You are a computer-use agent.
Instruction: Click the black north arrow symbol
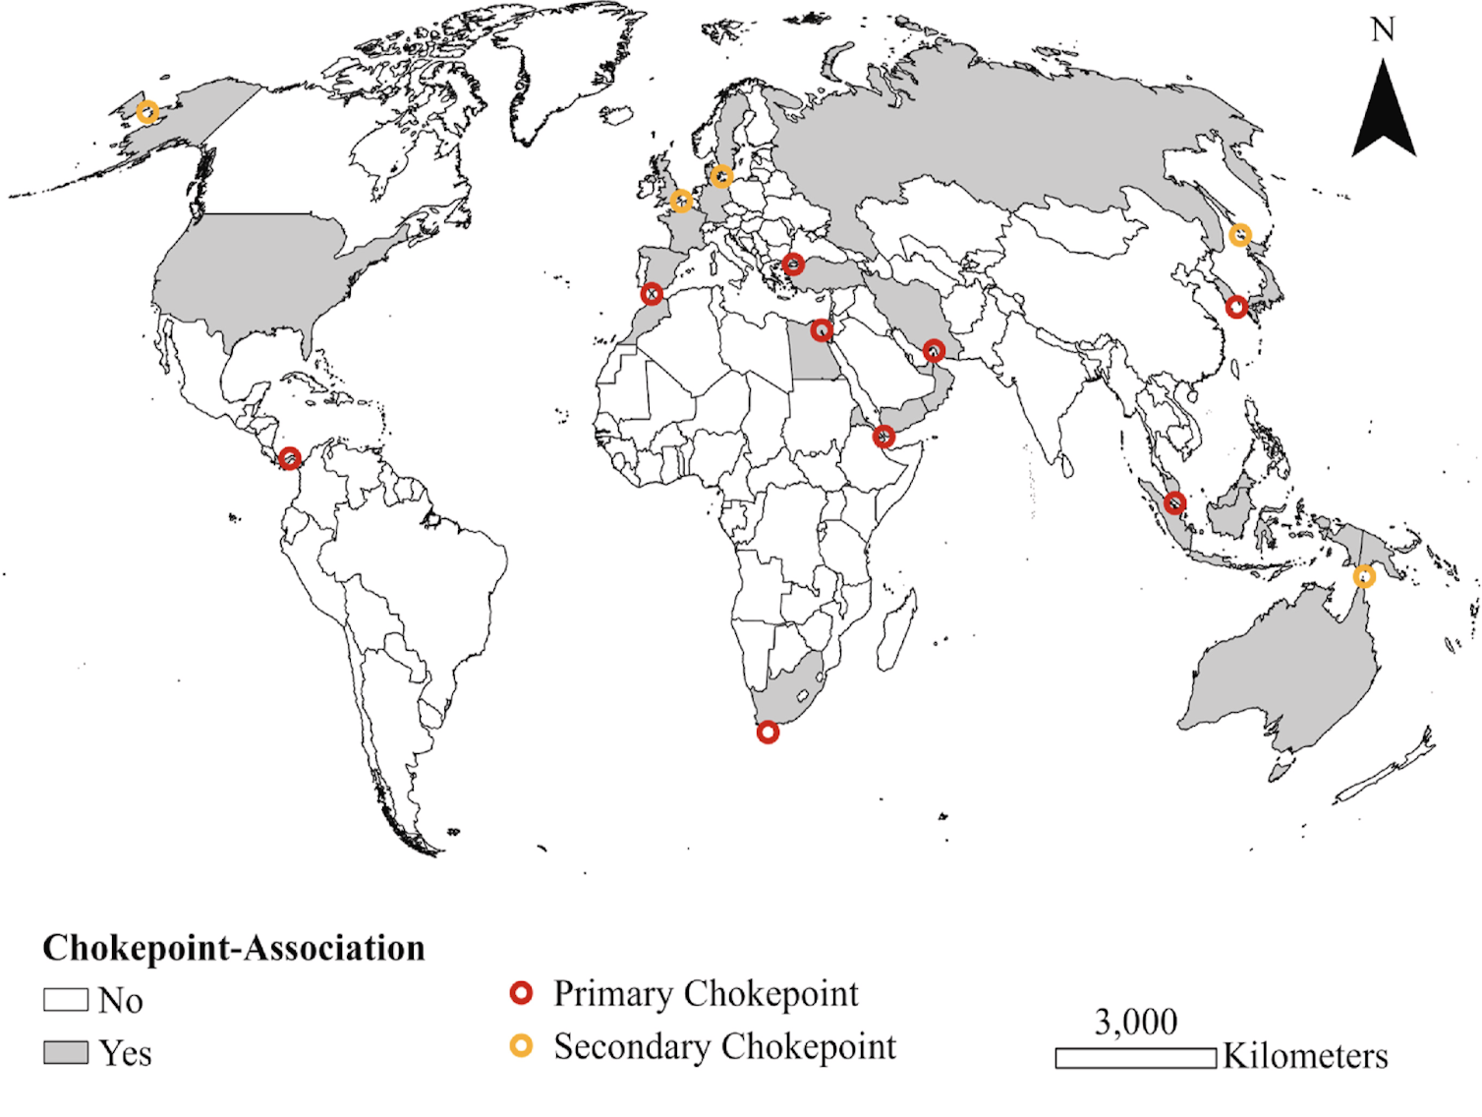click(1384, 113)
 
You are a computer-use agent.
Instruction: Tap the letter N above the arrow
click(1383, 30)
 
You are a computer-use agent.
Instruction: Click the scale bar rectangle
click(1135, 1058)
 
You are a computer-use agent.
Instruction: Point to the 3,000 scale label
click(1136, 1023)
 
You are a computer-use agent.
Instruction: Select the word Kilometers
click(1305, 1056)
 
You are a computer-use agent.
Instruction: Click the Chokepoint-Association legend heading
click(234, 948)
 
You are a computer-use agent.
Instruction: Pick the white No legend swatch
click(66, 1000)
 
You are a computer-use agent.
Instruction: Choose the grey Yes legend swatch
click(66, 1052)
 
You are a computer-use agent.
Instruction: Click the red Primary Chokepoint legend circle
click(521, 993)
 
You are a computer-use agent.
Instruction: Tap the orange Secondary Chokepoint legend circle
click(521, 1045)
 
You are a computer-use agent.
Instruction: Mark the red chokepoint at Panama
click(289, 458)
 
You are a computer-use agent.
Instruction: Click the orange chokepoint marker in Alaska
click(146, 112)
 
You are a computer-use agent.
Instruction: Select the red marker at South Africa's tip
click(768, 732)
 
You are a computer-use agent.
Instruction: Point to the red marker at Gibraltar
click(652, 294)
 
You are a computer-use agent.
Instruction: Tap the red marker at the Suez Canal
click(823, 330)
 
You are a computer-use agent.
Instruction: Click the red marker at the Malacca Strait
click(1174, 503)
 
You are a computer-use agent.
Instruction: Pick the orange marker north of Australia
click(1364, 576)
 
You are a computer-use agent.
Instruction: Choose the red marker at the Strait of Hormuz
click(934, 350)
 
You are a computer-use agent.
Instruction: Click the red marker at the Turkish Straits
click(793, 265)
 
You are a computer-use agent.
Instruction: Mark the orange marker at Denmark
click(721, 177)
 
